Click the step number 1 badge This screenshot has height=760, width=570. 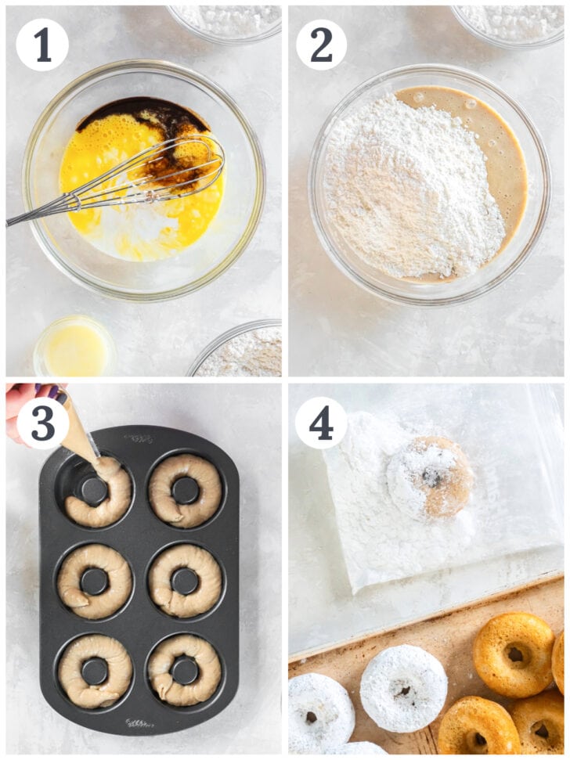coord(42,45)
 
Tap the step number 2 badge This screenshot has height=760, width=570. coord(322,45)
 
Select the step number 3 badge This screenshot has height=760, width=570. coord(42,423)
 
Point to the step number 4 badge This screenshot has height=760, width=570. coord(321,423)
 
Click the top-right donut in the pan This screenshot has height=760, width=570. coord(186,490)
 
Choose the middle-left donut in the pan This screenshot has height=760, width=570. coord(94,581)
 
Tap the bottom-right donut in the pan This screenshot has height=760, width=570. coord(186,670)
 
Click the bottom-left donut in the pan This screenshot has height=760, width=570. coord(94,671)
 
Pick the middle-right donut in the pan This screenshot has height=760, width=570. coord(186,581)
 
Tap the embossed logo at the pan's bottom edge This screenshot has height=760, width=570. coord(139,722)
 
